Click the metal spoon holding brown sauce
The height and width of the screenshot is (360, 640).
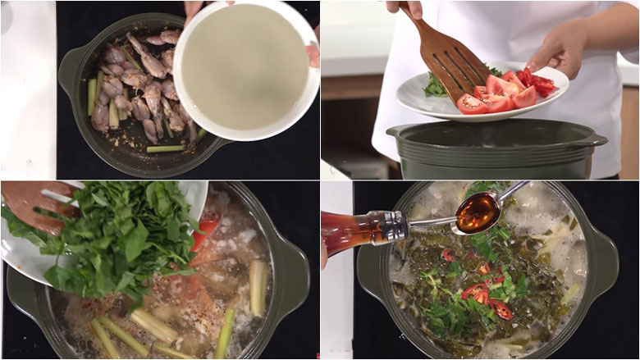(x=480, y=212)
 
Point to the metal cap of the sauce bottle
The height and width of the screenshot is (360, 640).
(x=393, y=226)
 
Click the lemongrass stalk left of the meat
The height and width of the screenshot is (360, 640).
(x=92, y=95)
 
